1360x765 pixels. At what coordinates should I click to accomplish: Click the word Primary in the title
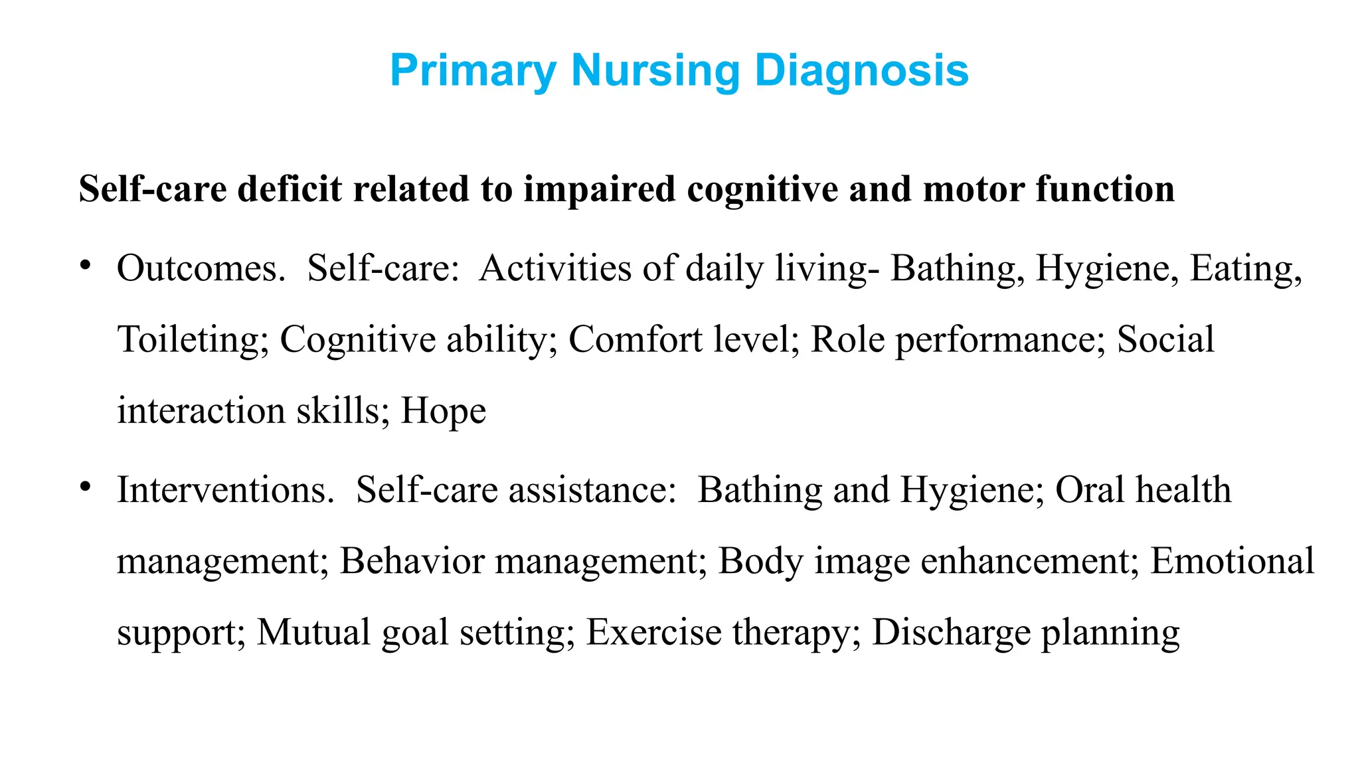click(473, 70)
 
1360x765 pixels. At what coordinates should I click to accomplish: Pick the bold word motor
click(974, 189)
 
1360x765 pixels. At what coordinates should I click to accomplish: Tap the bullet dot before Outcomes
click(84, 266)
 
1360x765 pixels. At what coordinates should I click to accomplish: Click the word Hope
click(444, 410)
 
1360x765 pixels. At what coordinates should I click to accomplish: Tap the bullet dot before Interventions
click(84, 487)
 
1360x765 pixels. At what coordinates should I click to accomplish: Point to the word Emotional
click(1232, 561)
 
